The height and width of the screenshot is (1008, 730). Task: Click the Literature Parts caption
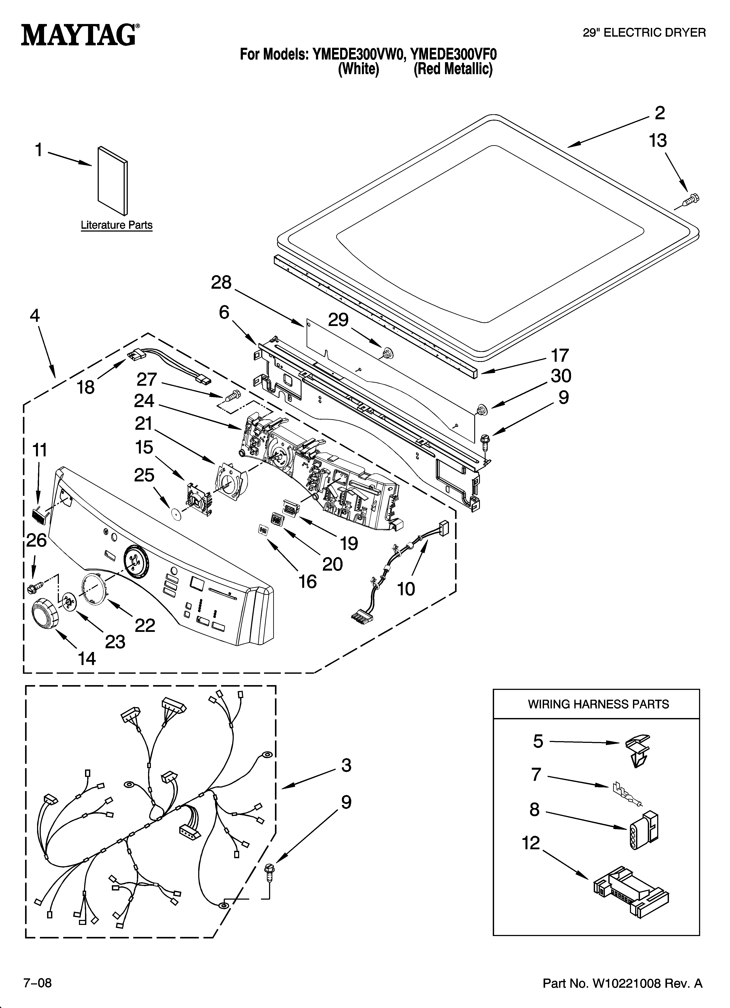[116, 225]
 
